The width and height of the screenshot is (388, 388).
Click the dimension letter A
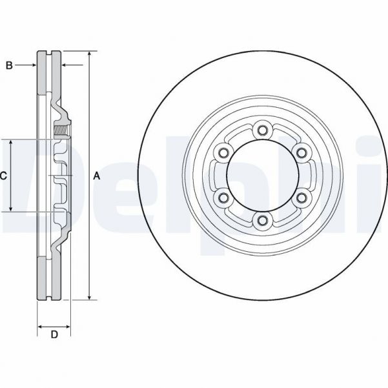[x=97, y=175]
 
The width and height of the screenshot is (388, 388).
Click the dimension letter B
[x=9, y=65]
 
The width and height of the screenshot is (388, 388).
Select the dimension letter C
[x=3, y=175]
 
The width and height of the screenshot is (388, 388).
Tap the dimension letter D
[x=54, y=334]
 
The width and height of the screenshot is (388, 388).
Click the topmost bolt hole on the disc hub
[x=261, y=130]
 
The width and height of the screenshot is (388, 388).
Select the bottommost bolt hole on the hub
[x=261, y=221]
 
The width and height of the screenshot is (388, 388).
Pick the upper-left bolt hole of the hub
[x=223, y=152]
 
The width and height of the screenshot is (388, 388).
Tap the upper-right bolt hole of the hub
[x=301, y=152]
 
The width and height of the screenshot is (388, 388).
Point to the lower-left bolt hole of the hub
[x=223, y=198]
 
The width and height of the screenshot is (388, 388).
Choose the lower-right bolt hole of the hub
[x=301, y=198]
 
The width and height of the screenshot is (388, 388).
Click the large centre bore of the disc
[x=261, y=175]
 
